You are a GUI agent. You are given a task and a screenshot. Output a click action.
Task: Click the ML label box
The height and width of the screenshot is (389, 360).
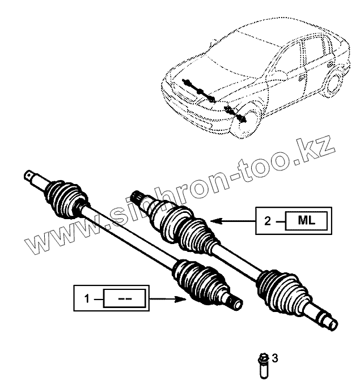[x=305, y=220]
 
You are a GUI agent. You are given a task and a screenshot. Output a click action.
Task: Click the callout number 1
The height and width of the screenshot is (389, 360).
[x=86, y=297]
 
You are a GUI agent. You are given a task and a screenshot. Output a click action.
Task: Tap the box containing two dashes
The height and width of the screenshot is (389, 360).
[x=124, y=297]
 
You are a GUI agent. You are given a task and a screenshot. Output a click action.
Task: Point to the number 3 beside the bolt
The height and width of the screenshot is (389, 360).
[x=276, y=357]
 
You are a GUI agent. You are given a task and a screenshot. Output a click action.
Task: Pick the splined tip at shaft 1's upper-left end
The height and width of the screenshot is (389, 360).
[x=29, y=176]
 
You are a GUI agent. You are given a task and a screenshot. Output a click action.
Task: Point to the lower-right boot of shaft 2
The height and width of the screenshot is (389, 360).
[x=281, y=290]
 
